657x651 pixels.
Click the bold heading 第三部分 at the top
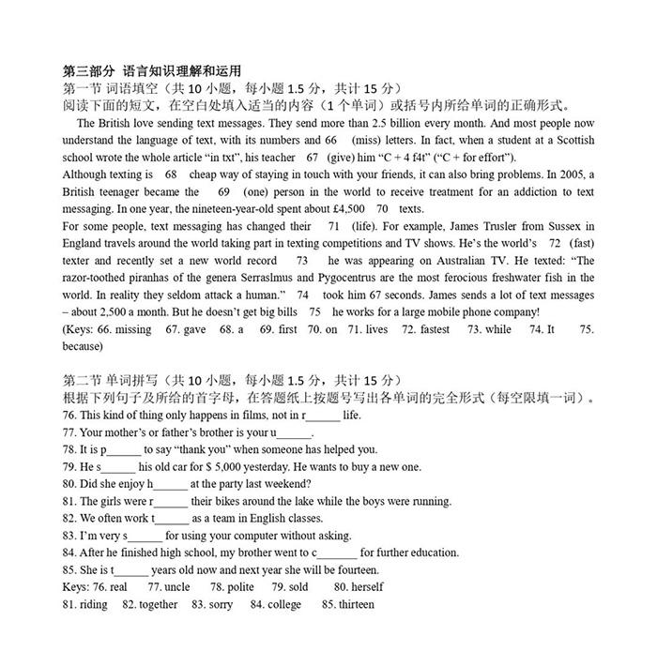pos(85,70)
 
